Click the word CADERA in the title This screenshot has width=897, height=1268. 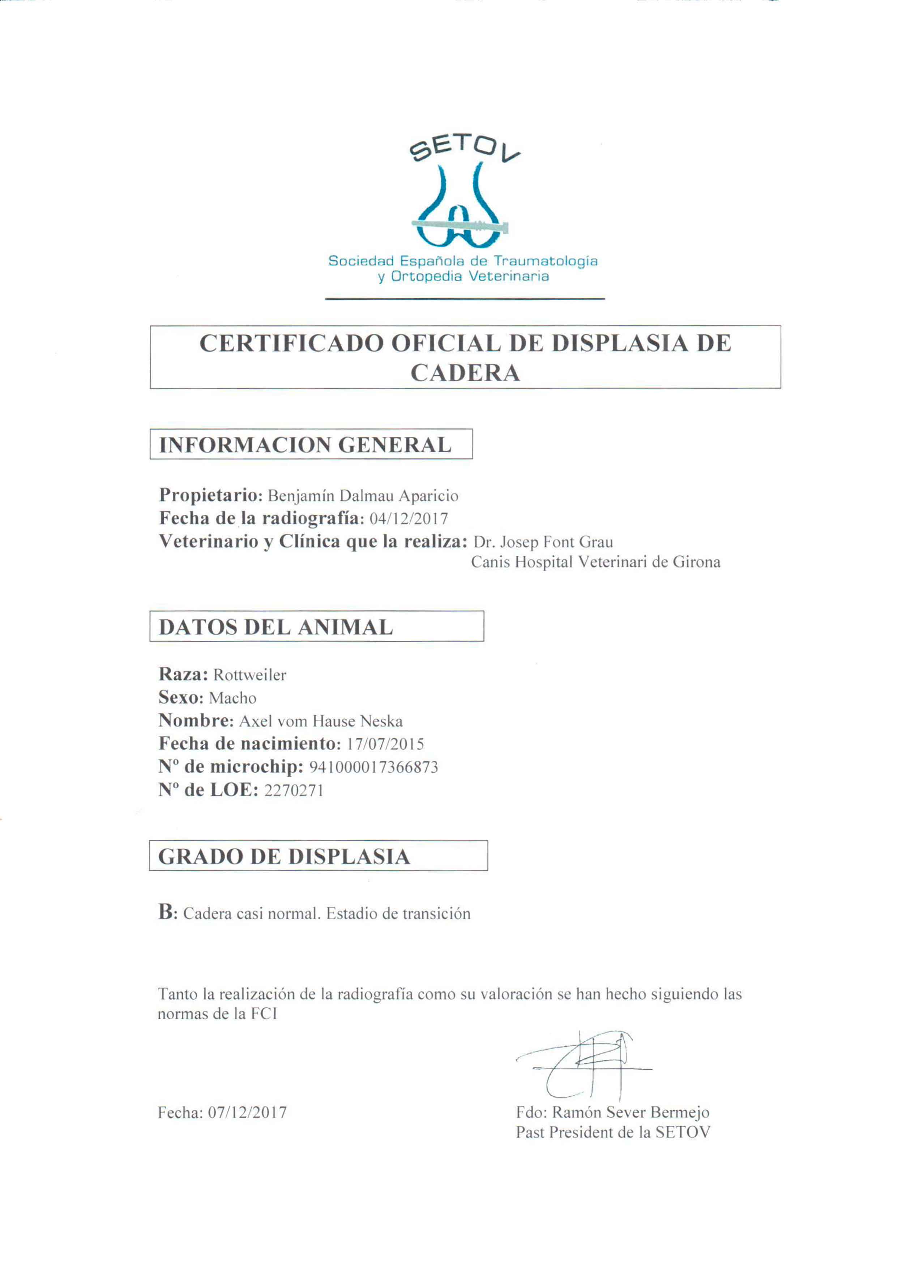click(465, 373)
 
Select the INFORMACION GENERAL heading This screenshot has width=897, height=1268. click(306, 445)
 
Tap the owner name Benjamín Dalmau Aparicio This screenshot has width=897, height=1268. click(363, 496)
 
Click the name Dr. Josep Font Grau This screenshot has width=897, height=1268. click(543, 542)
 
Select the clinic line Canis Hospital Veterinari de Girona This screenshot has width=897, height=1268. click(595, 563)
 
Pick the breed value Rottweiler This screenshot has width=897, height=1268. click(250, 675)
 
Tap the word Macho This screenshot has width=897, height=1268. click(232, 699)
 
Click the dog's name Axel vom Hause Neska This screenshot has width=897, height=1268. click(320, 722)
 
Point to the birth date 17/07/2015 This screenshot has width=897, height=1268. click(385, 744)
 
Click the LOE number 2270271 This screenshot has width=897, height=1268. click(294, 791)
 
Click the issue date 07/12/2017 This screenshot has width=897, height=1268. click(247, 1112)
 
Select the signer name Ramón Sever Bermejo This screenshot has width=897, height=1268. click(630, 1112)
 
